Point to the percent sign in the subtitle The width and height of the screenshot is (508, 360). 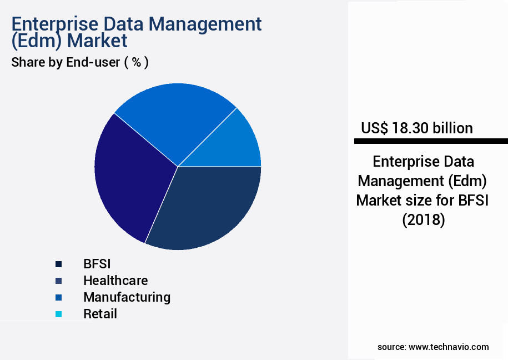(135, 62)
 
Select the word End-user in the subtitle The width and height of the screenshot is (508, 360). (93, 62)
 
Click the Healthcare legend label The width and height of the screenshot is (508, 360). (115, 281)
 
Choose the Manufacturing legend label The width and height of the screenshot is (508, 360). (127, 297)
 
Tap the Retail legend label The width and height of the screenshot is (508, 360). (100, 314)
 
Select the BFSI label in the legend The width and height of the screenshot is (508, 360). (97, 264)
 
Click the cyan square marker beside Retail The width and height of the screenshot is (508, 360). (58, 314)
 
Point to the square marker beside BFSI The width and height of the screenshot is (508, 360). (58, 264)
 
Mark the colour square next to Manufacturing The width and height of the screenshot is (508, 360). (58, 298)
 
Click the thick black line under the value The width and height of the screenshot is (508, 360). (431, 142)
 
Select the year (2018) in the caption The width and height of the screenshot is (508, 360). (423, 220)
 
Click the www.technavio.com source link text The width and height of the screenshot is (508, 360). (449, 347)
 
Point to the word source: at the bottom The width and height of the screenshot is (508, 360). (391, 347)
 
